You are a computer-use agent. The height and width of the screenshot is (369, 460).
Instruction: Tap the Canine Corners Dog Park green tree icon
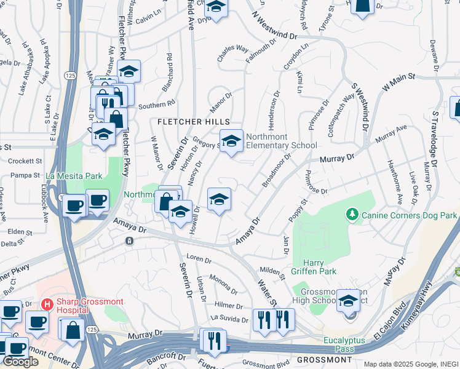coord(352,214)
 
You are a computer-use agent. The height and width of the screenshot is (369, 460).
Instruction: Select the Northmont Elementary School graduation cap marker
coord(231,141)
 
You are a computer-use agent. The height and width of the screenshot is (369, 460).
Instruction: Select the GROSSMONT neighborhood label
coord(323,359)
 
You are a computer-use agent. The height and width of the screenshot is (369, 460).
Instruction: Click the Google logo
coord(21,362)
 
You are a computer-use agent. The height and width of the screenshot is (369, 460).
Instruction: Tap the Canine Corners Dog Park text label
coord(410,215)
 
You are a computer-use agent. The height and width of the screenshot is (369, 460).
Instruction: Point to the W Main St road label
coord(399,82)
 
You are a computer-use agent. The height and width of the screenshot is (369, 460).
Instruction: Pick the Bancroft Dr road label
coord(166,357)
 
